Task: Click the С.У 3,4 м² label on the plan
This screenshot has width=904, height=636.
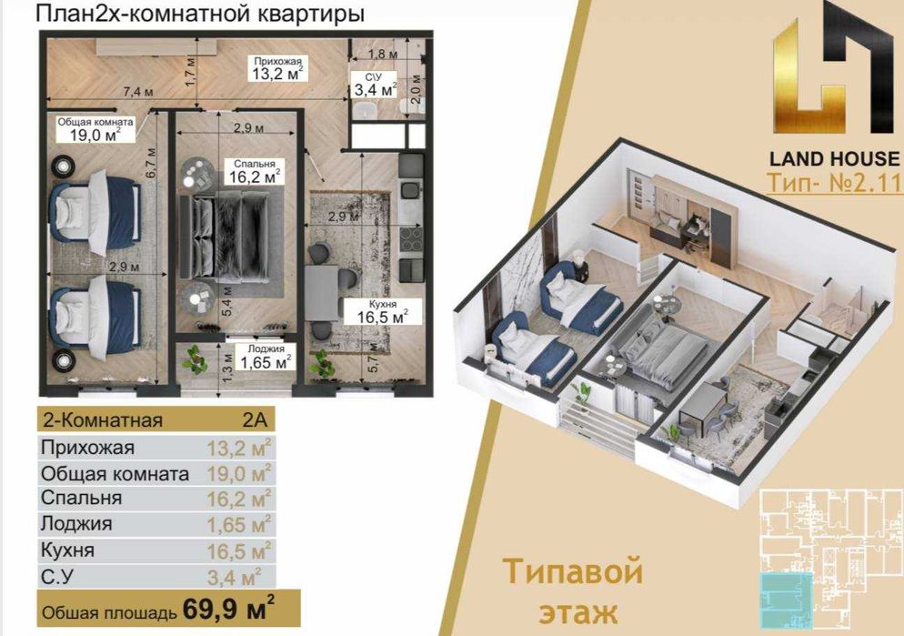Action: [x=374, y=83]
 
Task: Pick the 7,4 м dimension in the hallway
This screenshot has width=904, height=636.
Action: [x=137, y=92]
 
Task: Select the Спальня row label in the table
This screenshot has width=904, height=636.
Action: [x=81, y=499]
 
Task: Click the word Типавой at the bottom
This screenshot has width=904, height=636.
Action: [x=572, y=572]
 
